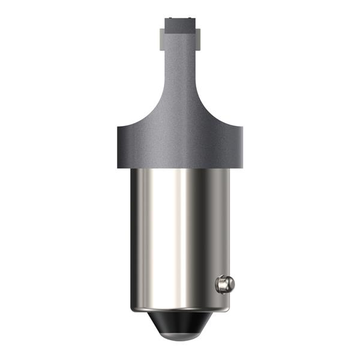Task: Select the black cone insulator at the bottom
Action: click(x=179, y=324)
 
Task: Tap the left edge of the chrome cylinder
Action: click(x=130, y=240)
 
